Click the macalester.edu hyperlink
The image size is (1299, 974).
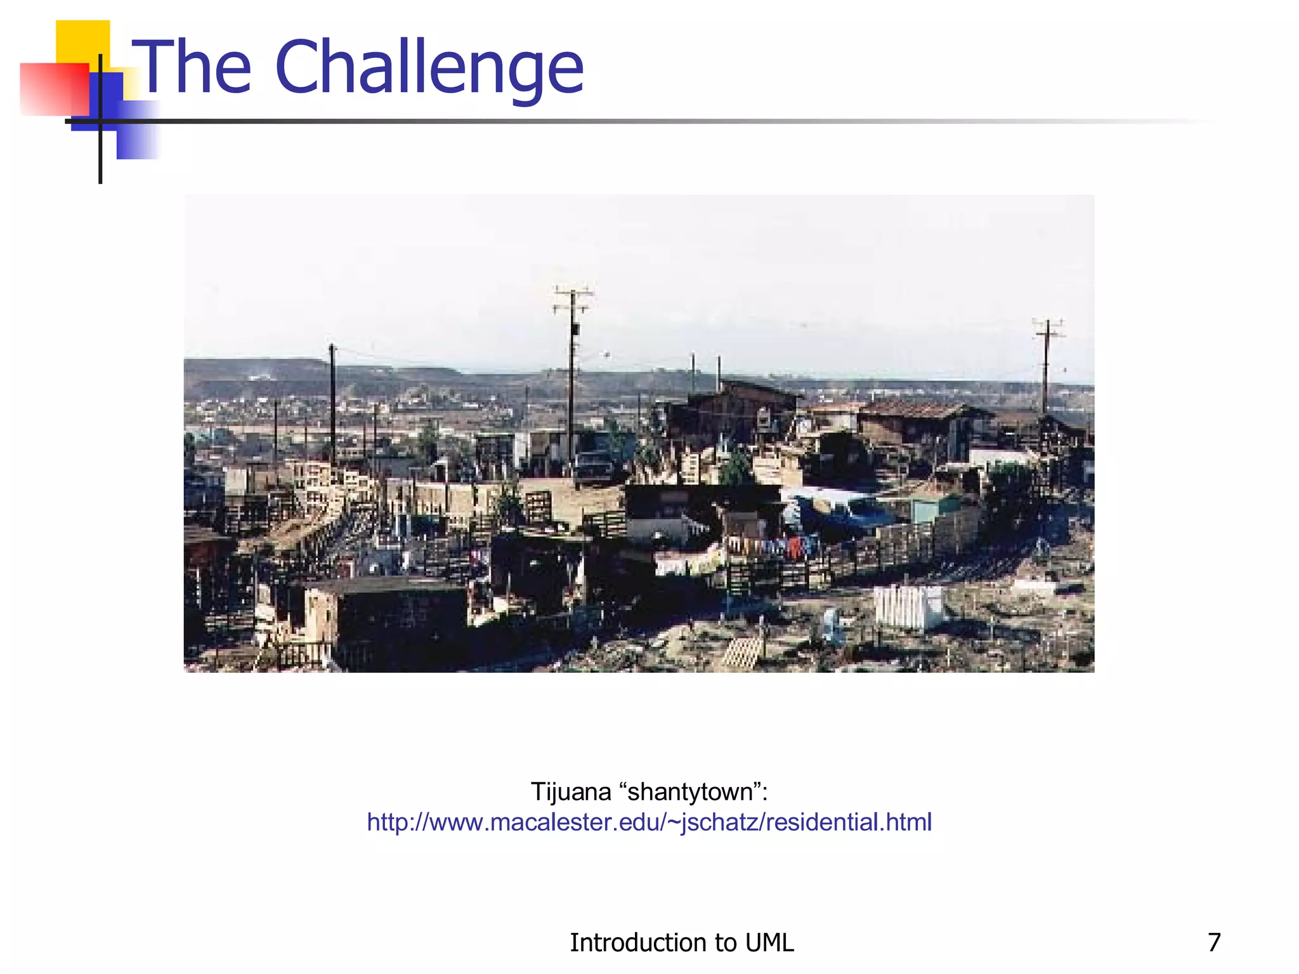tap(649, 822)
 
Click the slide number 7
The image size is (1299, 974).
tap(1214, 942)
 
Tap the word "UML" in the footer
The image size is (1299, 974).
tap(769, 942)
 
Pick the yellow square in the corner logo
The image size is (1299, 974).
tap(82, 41)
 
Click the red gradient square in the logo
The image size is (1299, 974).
tap(54, 89)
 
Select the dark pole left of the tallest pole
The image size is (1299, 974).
tap(332, 399)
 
